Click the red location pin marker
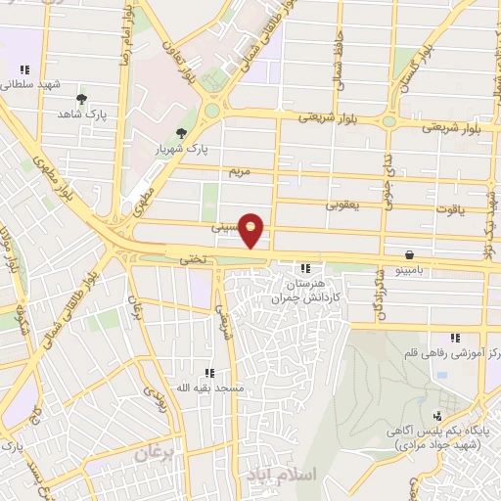[252, 230]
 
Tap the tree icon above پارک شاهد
[81, 100]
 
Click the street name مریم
[240, 171]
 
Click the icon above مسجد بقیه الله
[209, 373]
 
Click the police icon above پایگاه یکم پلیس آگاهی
[437, 415]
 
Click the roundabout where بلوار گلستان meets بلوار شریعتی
[389, 122]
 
